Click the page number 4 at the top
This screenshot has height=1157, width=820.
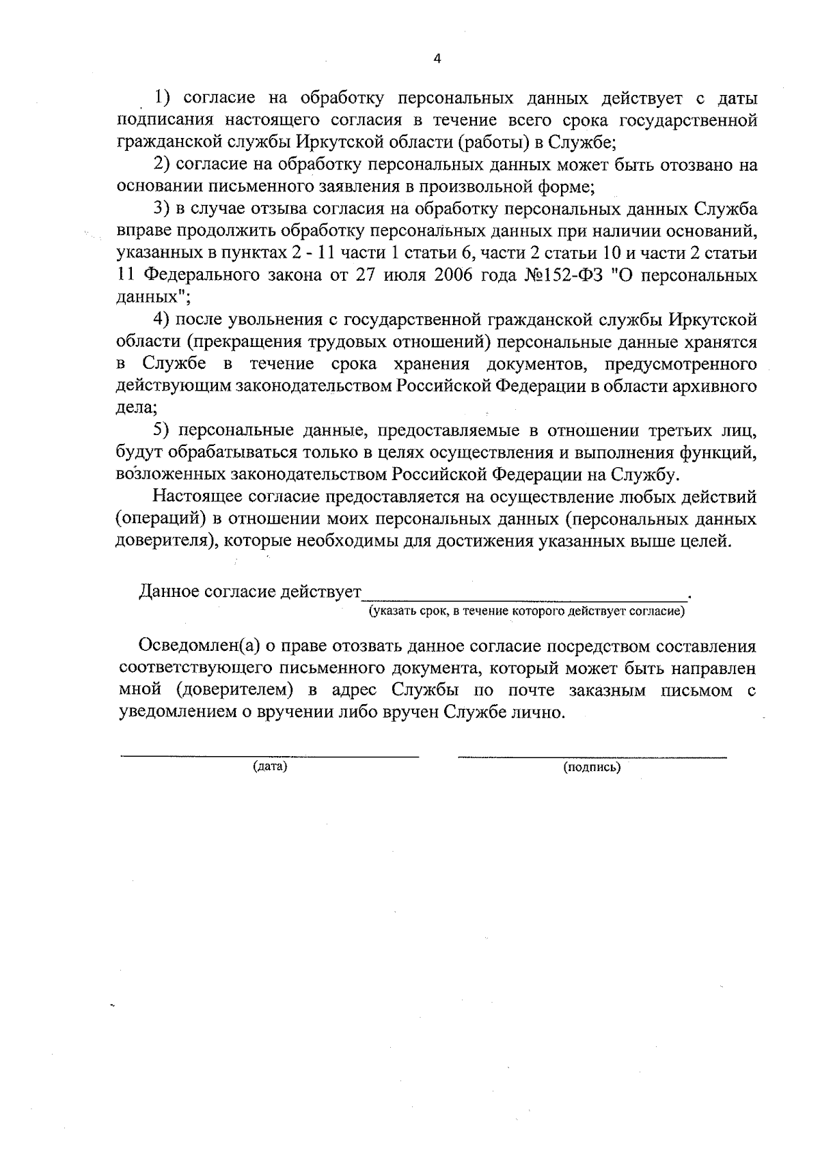point(437,59)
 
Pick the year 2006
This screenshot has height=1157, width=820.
point(471,275)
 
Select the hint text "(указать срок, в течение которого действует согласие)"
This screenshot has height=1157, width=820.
point(526,611)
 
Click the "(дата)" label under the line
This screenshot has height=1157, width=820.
point(270,766)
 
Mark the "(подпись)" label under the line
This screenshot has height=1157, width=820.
point(592,767)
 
